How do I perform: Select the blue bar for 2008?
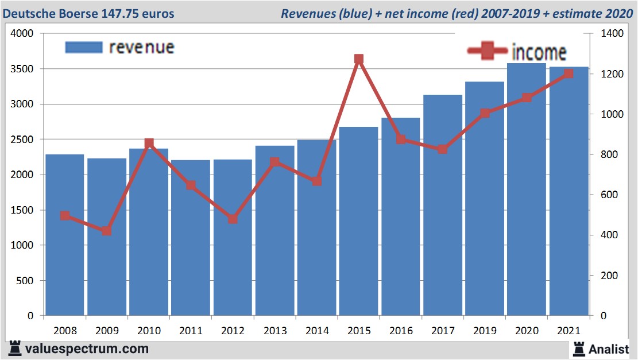65,235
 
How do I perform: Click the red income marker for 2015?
359,59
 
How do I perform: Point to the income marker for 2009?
107,231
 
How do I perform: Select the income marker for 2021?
569,73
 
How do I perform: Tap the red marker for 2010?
149,143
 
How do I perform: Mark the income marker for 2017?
442,149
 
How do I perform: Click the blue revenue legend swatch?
83,47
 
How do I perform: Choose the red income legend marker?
488,51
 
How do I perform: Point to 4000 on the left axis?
23,34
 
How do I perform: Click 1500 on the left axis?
23,210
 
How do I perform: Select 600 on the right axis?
610,195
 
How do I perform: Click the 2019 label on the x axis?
485,331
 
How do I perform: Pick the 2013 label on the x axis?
274,331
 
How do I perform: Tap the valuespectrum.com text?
86,349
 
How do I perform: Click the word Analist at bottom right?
609,349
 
